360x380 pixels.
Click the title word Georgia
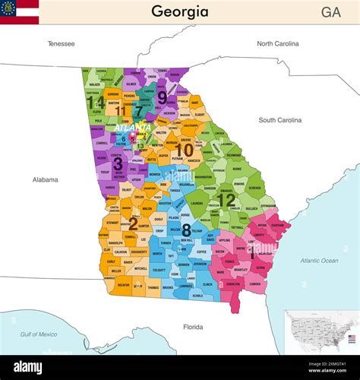[x=179, y=11]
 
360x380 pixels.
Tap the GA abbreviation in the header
[x=330, y=12]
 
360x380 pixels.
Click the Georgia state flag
[x=19, y=12]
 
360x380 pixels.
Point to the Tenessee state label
[x=61, y=43]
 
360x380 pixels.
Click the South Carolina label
[x=279, y=120]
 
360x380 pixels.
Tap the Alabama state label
[x=46, y=179]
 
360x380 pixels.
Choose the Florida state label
[x=193, y=328]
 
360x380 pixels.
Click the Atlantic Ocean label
[x=319, y=261]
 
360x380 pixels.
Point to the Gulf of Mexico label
[x=39, y=334]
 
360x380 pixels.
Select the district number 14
[x=95, y=102]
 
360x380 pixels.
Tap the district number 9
[x=162, y=97]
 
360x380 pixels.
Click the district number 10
[x=184, y=150]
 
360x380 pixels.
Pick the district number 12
[x=226, y=200]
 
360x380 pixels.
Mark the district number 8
[x=186, y=230]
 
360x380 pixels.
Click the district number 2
[x=133, y=223]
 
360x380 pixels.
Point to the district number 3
[x=117, y=163]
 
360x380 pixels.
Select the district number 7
[x=138, y=112]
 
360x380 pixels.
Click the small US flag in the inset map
[x=352, y=337]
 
